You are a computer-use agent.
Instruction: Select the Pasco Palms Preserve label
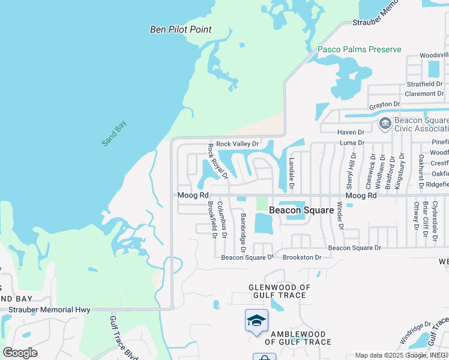tap(359, 49)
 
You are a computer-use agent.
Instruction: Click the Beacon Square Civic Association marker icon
tap(385, 124)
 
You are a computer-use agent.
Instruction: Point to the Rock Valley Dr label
tap(237, 144)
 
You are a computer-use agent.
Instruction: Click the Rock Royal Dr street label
tap(218, 161)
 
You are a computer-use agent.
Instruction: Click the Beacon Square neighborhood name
tap(301, 210)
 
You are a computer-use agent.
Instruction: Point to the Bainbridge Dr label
tap(243, 232)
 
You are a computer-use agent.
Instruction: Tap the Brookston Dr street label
tap(302, 257)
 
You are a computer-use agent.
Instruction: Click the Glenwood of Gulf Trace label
tap(280, 292)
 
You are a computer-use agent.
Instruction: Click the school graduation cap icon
tap(256, 320)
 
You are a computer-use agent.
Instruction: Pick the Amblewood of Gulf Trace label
tap(298, 338)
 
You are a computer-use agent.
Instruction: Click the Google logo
tap(20, 353)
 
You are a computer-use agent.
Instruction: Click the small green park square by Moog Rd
tap(262, 203)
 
